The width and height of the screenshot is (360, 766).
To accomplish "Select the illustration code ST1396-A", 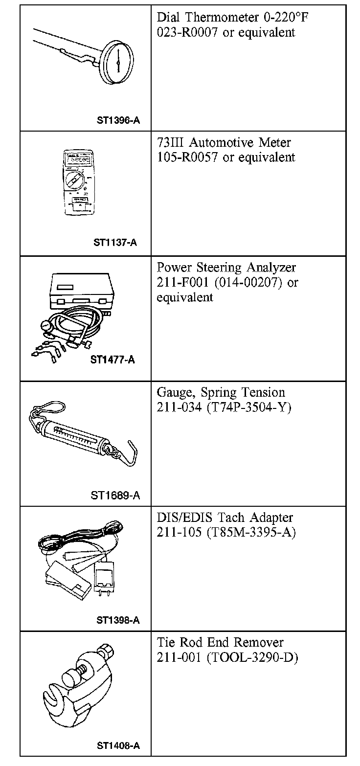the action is (118, 120).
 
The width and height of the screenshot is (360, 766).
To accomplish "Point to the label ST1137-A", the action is (115, 242).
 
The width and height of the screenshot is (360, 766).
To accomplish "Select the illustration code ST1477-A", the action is (112, 360).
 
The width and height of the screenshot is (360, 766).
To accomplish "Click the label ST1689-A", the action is (115, 495).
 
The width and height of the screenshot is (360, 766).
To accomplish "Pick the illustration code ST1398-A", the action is (118, 620).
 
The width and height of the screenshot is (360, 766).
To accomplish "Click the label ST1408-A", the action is (118, 745).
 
